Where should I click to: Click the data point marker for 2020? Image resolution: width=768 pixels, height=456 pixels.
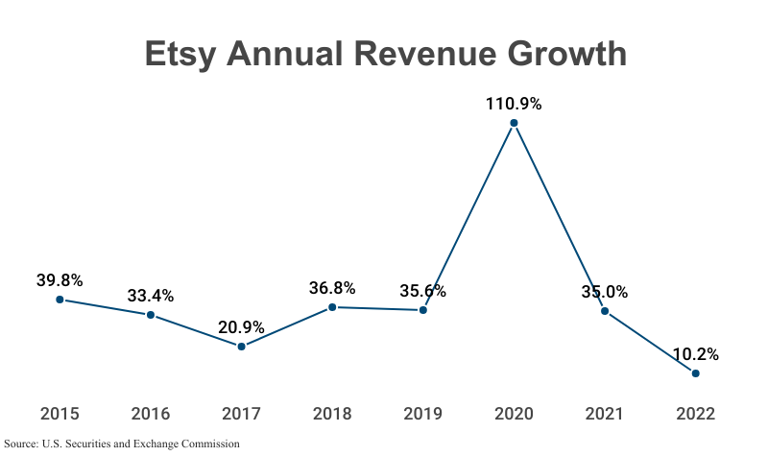[x=514, y=123]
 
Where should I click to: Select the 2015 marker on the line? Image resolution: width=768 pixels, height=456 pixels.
[x=60, y=300]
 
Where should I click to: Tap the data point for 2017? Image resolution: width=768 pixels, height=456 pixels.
[x=241, y=347]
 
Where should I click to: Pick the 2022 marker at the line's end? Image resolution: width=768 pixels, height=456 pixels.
[x=696, y=373]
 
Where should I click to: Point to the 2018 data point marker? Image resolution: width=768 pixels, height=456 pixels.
[x=332, y=307]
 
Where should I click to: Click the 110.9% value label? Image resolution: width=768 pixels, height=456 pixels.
[x=514, y=104]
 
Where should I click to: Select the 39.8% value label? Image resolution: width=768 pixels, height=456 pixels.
[x=60, y=280]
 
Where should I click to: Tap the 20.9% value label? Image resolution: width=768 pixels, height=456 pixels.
[x=241, y=327]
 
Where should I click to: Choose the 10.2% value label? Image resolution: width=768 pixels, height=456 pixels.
[x=695, y=354]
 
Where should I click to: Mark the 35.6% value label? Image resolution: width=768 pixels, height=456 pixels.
[x=422, y=291]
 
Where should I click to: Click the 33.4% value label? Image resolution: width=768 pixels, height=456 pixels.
[x=151, y=296]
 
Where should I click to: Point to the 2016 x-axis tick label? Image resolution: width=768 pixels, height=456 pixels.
[x=151, y=415]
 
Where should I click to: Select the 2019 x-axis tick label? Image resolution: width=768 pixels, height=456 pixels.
[x=422, y=415]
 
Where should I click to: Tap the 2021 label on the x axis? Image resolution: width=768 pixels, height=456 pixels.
[x=605, y=415]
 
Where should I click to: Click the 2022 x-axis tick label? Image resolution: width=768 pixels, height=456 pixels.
[x=695, y=415]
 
